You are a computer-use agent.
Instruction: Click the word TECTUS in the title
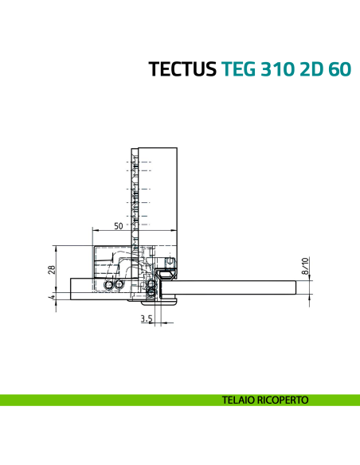pyautogui.click(x=182, y=69)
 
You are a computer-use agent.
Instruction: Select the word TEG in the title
pyautogui.click(x=238, y=69)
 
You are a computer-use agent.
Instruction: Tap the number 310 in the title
pyautogui.click(x=277, y=69)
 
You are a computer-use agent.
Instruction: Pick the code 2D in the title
pyautogui.click(x=311, y=69)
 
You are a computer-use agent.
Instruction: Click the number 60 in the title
pyautogui.click(x=338, y=69)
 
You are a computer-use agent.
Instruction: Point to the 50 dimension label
pyautogui.click(x=118, y=226)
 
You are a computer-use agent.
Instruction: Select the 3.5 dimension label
pyautogui.click(x=146, y=318)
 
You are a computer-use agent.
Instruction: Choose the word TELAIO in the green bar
pyautogui.click(x=240, y=400)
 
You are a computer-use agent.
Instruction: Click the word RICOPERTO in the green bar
pyautogui.click(x=282, y=400)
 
